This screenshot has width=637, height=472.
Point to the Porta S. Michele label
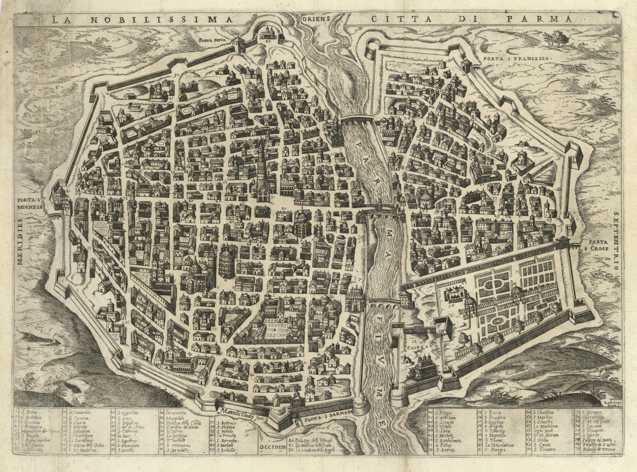[x=30, y=204]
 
